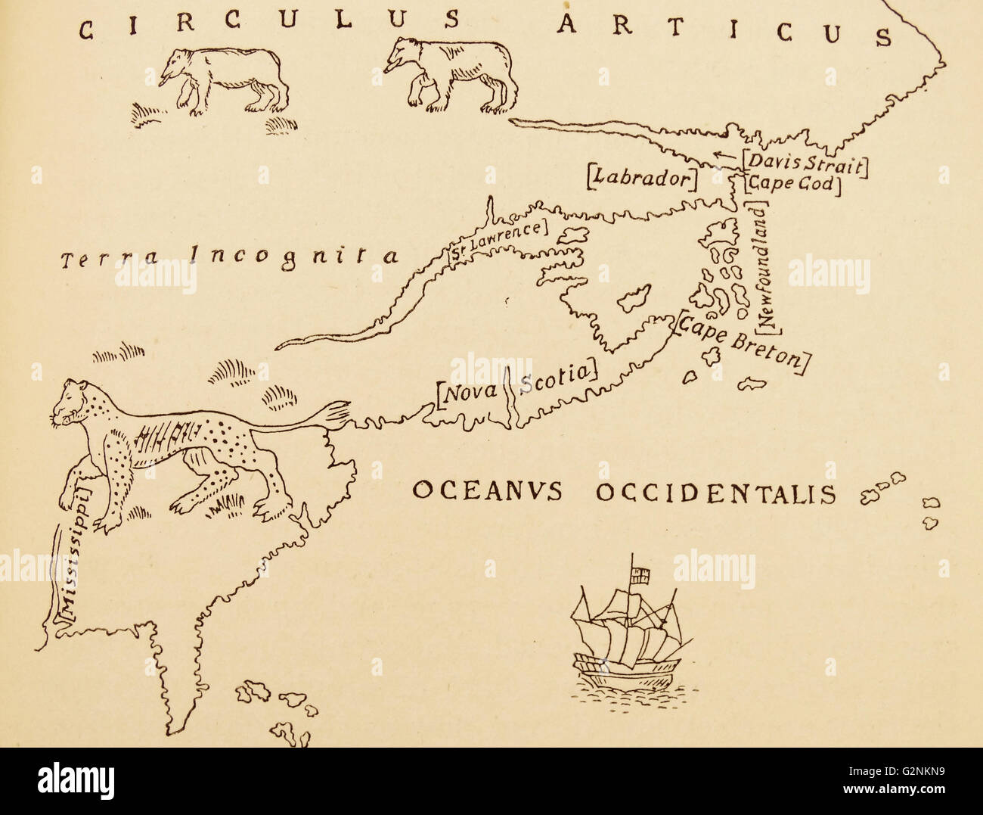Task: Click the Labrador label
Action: pyautogui.click(x=640, y=178)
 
